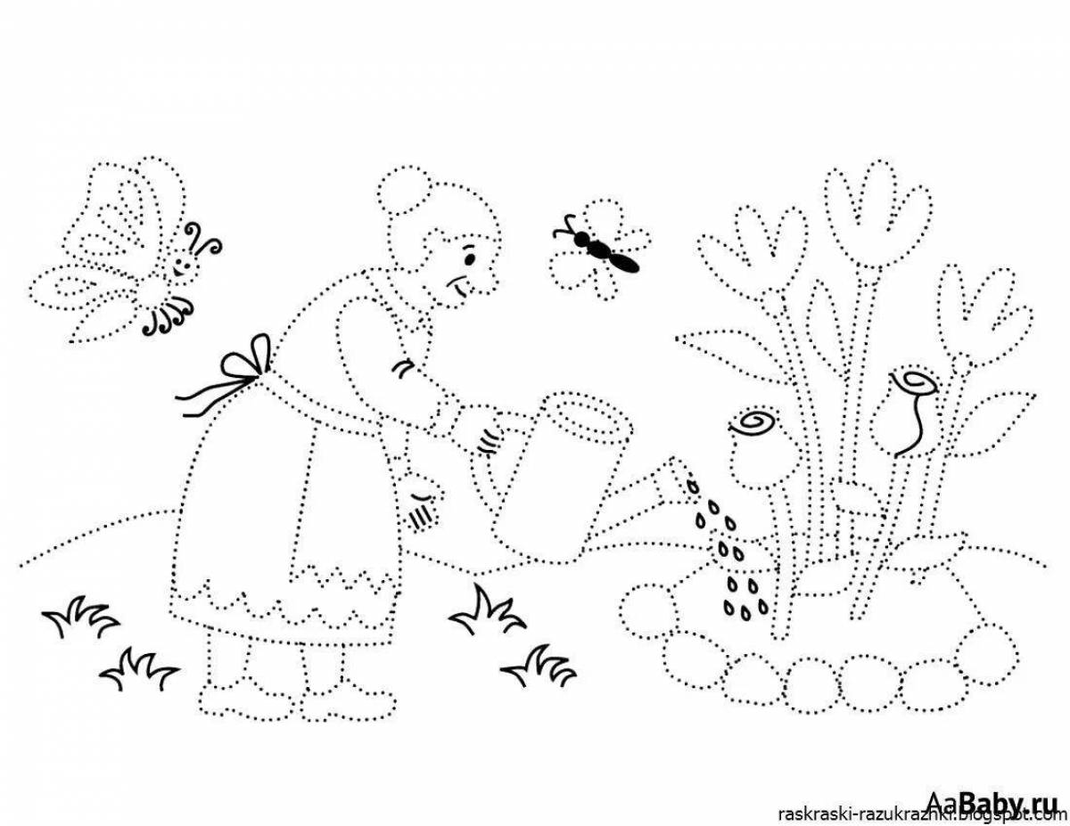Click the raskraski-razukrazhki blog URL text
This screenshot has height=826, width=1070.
[918, 814]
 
